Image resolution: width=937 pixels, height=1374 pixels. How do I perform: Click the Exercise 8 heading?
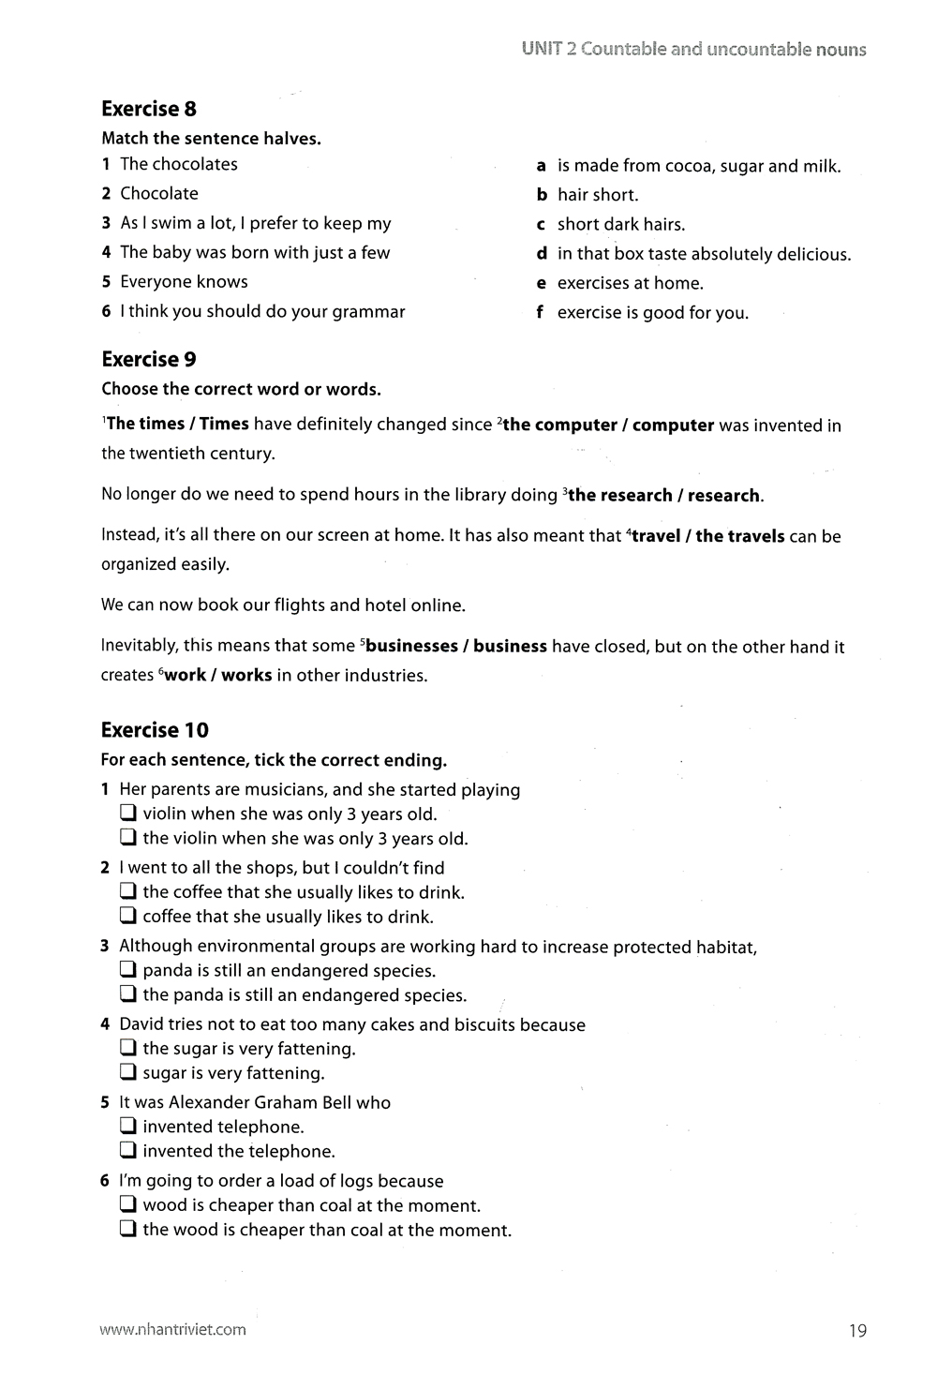pyautogui.click(x=149, y=109)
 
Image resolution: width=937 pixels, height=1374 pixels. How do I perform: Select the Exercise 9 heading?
pyautogui.click(x=149, y=359)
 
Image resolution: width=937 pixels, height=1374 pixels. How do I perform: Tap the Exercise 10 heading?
pyautogui.click(x=155, y=730)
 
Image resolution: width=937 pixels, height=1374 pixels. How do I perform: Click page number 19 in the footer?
pyautogui.click(x=857, y=1330)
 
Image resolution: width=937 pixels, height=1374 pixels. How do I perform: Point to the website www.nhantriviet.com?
pyautogui.click(x=173, y=1329)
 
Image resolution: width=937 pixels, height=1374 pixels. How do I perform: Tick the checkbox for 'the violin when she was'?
pyautogui.click(x=128, y=838)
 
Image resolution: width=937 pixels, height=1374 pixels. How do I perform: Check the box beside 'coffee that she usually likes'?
pyautogui.click(x=128, y=917)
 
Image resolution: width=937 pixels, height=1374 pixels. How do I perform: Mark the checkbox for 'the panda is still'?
pyautogui.click(x=128, y=994)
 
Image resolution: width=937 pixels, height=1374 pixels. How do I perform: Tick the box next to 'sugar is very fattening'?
pyautogui.click(x=128, y=1073)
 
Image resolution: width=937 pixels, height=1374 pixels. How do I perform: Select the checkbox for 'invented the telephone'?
pyautogui.click(x=128, y=1151)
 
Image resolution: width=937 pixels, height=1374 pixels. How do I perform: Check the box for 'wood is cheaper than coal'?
pyautogui.click(x=128, y=1205)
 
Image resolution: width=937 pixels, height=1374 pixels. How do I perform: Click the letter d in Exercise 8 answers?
pyautogui.click(x=542, y=254)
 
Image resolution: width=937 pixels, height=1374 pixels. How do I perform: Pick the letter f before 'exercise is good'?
pyautogui.click(x=540, y=312)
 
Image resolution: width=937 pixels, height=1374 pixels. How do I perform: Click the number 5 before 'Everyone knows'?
pyautogui.click(x=107, y=282)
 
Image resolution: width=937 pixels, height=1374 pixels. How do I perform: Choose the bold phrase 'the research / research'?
pyautogui.click(x=665, y=495)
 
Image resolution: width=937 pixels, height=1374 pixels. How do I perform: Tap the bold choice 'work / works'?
pyautogui.click(x=218, y=676)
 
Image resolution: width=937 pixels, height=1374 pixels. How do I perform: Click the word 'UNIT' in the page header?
pyautogui.click(x=542, y=50)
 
